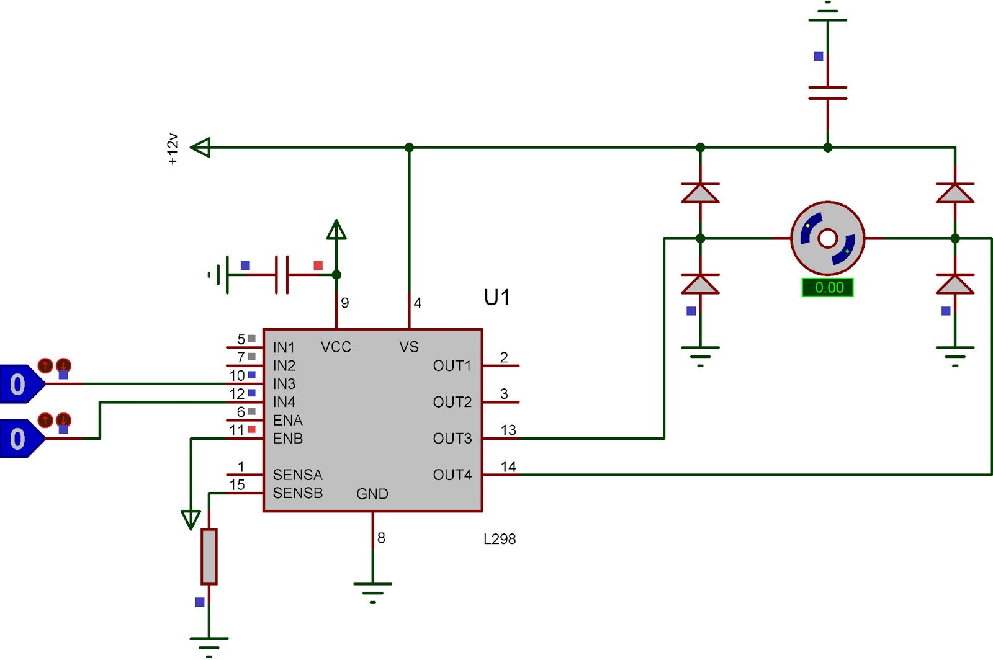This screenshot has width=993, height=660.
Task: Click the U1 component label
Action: coord(496,297)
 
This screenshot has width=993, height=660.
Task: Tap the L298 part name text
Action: coord(500,539)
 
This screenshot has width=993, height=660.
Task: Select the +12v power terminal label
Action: coord(173,149)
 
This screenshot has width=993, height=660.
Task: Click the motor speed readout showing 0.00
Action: coord(827,287)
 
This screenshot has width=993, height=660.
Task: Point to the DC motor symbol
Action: coord(827,238)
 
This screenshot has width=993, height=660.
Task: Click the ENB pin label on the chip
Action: coord(288,439)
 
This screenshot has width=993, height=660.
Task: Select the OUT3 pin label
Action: coord(452,439)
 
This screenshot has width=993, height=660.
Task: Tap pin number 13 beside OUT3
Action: coord(508,430)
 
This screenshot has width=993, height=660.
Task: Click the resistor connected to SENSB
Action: coord(209,557)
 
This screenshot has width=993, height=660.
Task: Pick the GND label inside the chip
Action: coord(372,494)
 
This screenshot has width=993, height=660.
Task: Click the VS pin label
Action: coord(409,347)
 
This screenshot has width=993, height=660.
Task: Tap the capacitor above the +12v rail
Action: coord(828,92)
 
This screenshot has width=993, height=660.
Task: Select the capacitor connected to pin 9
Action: coord(282,275)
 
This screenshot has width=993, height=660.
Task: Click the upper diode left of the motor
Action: coord(701,193)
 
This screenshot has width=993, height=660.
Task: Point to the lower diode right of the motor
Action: coord(955,284)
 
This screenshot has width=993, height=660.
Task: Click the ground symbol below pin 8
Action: coord(373,592)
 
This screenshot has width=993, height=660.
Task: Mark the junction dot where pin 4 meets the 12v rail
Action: coord(409,147)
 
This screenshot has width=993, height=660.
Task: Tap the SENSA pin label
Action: coord(297,475)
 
